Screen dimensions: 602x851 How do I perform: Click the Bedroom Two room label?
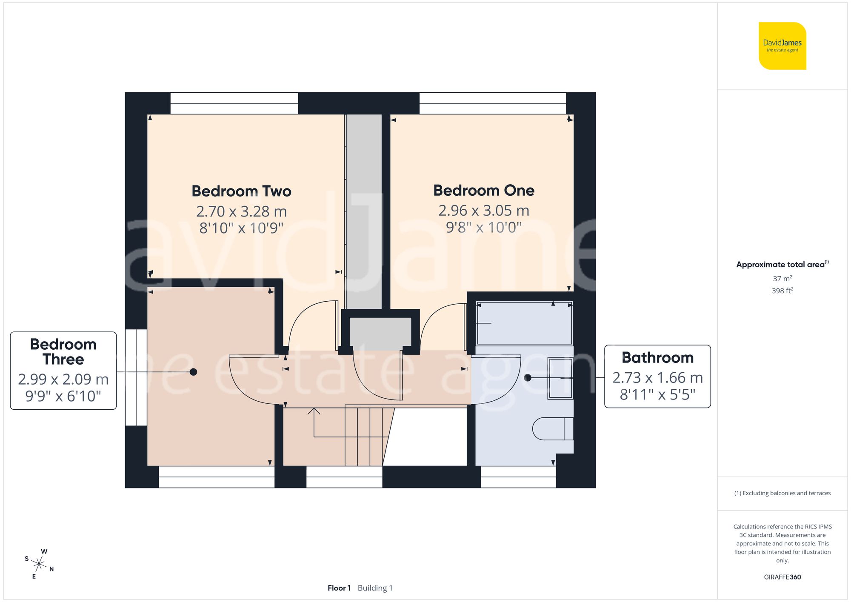click(x=241, y=191)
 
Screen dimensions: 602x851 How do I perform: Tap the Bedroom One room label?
click(x=484, y=190)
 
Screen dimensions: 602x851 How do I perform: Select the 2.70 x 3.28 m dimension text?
click(x=241, y=211)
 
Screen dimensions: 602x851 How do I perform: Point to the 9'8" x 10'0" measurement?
click(x=484, y=227)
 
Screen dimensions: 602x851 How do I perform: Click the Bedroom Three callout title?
click(x=63, y=351)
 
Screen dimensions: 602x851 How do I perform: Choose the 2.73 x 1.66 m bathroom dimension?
click(x=657, y=377)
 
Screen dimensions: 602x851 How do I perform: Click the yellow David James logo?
click(x=782, y=46)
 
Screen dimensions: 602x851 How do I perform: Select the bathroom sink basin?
click(x=560, y=378)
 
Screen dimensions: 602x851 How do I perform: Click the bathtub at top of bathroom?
click(x=524, y=323)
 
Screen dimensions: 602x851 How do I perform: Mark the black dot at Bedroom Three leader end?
click(x=193, y=372)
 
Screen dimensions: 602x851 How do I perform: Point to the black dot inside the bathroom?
click(x=528, y=377)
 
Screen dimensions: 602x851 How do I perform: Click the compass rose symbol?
click(x=39, y=565)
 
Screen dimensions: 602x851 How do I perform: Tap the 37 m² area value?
click(x=782, y=279)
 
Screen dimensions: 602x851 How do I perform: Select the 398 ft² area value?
click(x=782, y=291)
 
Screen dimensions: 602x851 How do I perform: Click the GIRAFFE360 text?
click(x=782, y=577)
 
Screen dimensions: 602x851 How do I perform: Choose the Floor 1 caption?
click(x=339, y=588)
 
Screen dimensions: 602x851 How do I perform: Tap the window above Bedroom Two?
click(x=234, y=103)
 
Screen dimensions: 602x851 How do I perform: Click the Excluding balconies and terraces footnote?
click(x=782, y=493)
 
